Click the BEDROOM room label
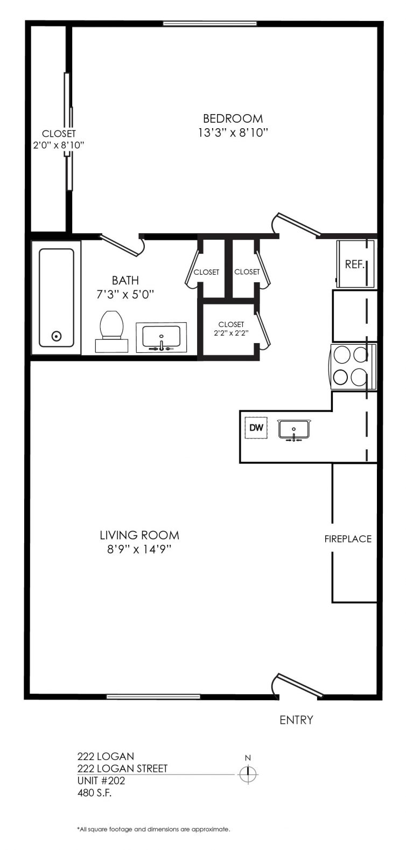coord(233,119)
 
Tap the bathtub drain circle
coord(57,336)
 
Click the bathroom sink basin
coord(161,337)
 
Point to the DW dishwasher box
coord(256,428)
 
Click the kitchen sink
coord(294,430)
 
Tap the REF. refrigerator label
coord(355,264)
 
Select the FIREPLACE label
coord(348,539)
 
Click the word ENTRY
coord(296,720)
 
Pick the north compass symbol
coord(248,774)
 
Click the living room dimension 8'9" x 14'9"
coord(139,549)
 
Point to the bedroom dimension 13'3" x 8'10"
coord(233,133)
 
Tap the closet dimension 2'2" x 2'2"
coord(231,333)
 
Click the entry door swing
coord(298,686)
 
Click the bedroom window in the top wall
coord(210,24)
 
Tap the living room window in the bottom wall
coord(153,696)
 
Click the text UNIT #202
coord(101,781)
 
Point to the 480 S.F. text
coord(94,793)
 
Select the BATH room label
coord(125,281)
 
